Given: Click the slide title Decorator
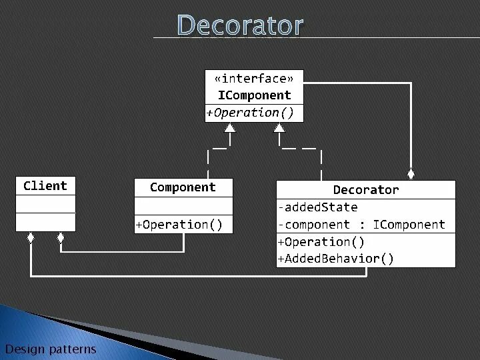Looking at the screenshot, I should (x=240, y=25).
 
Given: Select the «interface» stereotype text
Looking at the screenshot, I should (x=254, y=79).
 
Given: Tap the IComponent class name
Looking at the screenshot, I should (x=254, y=95).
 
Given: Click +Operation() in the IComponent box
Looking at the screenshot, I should (x=250, y=113).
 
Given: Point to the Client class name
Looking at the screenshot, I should (x=45, y=186).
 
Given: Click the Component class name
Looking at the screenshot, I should (x=183, y=187).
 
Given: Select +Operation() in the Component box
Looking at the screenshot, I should (x=179, y=225).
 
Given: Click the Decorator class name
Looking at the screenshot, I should (x=365, y=190).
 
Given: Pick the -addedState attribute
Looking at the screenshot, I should (x=318, y=207).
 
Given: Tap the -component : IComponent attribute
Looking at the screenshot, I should (x=361, y=225).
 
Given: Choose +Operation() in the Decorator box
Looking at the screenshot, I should (x=321, y=242).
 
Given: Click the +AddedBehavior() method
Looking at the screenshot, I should (x=336, y=259).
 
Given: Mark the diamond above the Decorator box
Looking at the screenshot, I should (x=411, y=175).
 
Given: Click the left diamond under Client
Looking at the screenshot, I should (x=30, y=237).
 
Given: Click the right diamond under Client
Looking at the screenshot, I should (x=60, y=237).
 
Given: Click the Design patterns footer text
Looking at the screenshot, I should (x=51, y=349).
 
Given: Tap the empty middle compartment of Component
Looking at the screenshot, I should (x=183, y=205).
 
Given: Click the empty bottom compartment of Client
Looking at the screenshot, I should (x=45, y=222).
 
